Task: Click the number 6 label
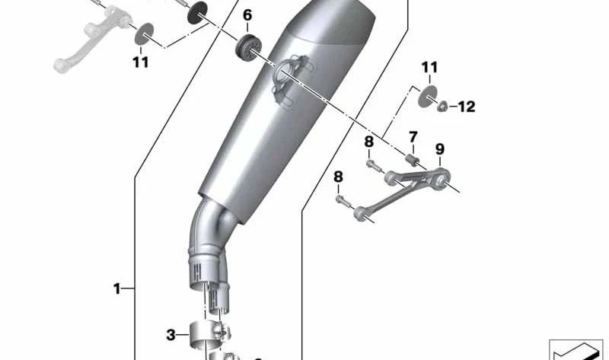[247, 15]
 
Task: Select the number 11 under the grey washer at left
[141, 62]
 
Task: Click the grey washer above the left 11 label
[144, 34]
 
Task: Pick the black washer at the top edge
[197, 12]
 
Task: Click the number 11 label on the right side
[429, 67]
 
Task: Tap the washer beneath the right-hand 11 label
[428, 97]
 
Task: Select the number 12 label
[467, 107]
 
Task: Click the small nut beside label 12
[442, 106]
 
